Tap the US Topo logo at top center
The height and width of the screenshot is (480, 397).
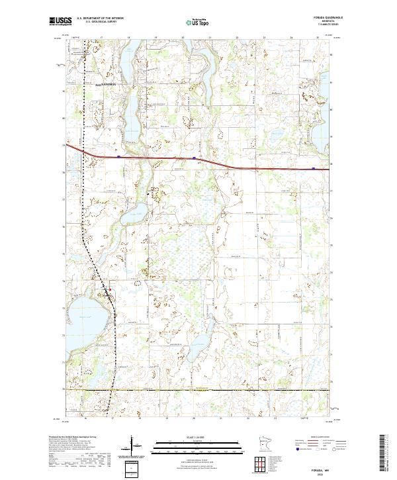(198, 22)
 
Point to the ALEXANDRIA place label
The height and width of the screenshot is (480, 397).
(104, 85)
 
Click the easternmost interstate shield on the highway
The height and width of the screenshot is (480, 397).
(312, 168)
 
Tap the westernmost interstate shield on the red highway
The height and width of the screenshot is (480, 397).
(118, 157)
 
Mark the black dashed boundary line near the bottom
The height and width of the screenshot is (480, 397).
(198, 391)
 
